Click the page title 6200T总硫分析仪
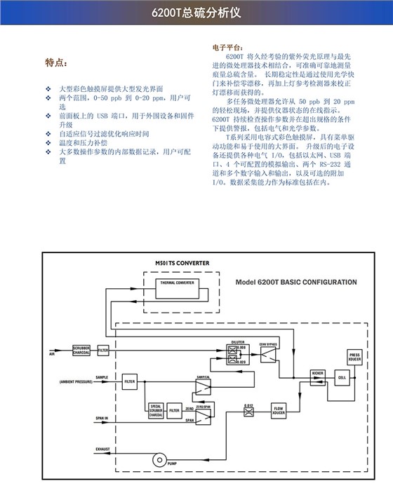pyautogui.click(x=196, y=13)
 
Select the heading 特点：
pyautogui.click(x=56, y=62)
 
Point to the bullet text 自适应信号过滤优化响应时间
pyautogui.click(x=104, y=133)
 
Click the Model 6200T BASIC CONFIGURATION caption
pyautogui.click(x=296, y=282)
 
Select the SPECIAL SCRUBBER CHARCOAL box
pyautogui.click(x=156, y=411)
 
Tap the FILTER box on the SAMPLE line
pyautogui.click(x=129, y=382)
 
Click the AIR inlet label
pyautogui.click(x=51, y=353)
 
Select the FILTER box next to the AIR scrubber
pyautogui.click(x=103, y=349)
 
